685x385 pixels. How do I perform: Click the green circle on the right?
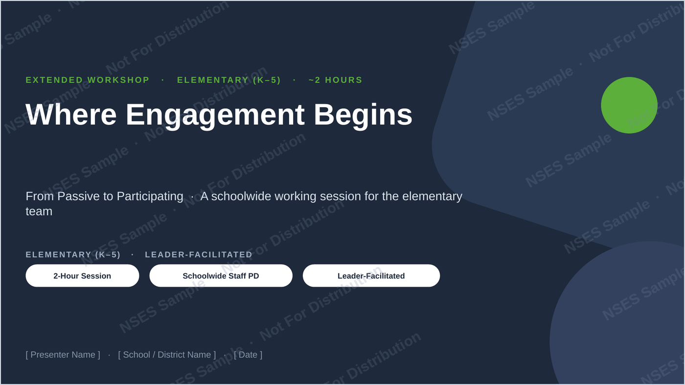click(x=629, y=105)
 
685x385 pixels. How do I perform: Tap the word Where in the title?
click(x=71, y=114)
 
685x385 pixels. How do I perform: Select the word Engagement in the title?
click(x=215, y=117)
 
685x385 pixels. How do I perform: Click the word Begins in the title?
click(x=363, y=117)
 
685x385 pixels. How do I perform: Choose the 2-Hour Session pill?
click(x=82, y=275)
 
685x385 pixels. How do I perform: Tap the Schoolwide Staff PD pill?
click(x=221, y=275)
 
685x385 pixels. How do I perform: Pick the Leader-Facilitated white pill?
click(x=371, y=275)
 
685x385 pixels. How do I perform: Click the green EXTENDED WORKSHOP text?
click(x=88, y=80)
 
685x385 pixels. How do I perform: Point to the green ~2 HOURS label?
click(x=336, y=80)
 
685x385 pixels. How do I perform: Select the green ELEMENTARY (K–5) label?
click(x=229, y=80)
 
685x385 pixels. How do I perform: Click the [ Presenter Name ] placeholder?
click(x=63, y=355)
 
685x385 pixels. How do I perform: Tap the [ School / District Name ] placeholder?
click(x=167, y=355)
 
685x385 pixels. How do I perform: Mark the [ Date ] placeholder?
click(x=248, y=355)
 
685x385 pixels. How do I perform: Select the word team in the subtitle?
click(x=39, y=212)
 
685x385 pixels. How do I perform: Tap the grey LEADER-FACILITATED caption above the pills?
click(x=199, y=255)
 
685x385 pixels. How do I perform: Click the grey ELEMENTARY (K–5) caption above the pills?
click(x=73, y=255)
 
